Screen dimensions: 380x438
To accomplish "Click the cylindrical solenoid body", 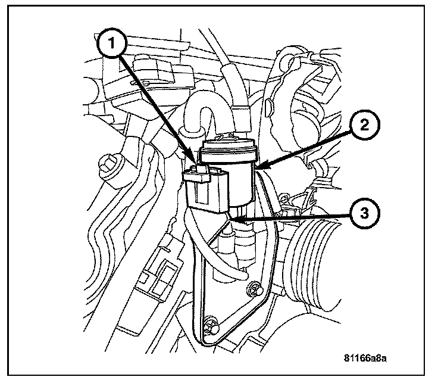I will [x=240, y=179].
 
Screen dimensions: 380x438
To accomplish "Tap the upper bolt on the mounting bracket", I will [x=254, y=290].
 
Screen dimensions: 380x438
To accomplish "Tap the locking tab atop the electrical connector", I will [x=200, y=172].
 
